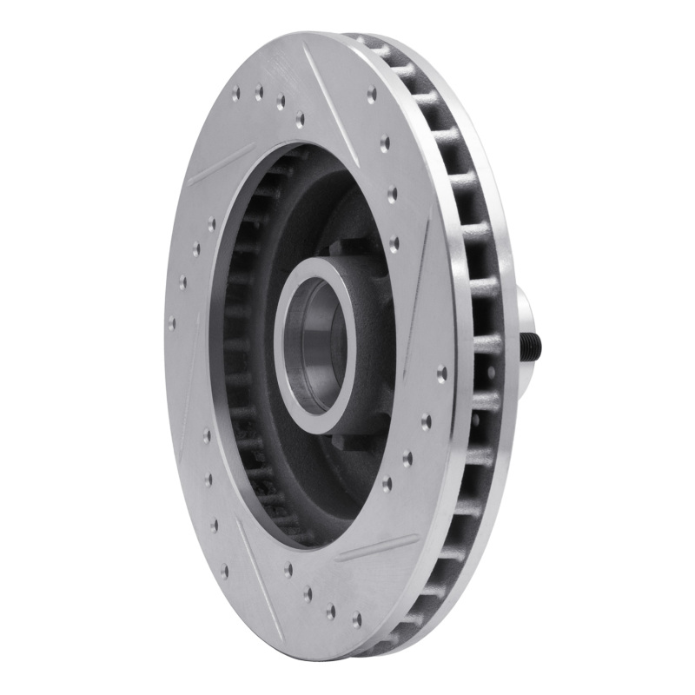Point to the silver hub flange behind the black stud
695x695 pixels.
tap(522, 313)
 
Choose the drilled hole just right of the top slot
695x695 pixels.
tap(372, 96)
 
